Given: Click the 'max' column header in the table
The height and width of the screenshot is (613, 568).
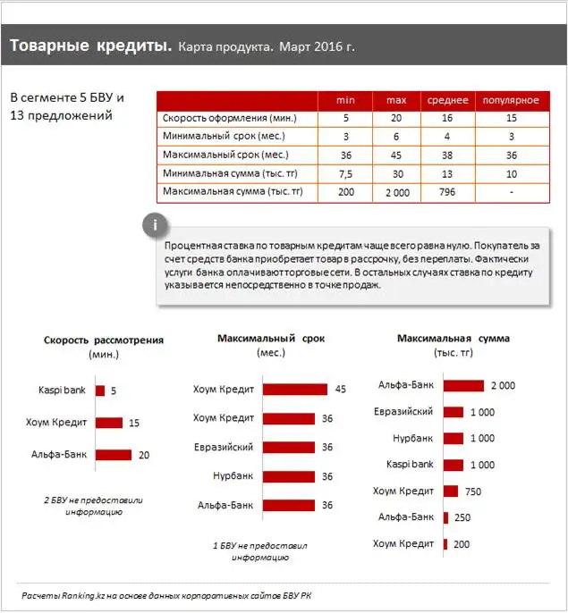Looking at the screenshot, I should (x=395, y=100).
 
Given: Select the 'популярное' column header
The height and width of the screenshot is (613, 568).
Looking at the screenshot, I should (x=511, y=100).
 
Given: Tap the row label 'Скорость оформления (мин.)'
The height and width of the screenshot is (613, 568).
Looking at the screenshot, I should (x=229, y=118).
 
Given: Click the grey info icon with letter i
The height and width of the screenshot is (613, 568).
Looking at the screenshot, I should (x=157, y=223).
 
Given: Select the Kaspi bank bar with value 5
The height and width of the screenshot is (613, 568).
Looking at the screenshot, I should (x=100, y=390).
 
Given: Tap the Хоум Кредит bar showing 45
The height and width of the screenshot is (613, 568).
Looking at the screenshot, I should (x=295, y=390).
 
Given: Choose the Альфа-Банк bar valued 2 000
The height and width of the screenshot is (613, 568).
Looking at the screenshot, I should (x=463, y=385).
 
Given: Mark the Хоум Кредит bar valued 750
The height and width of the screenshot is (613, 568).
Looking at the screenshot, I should (x=451, y=491).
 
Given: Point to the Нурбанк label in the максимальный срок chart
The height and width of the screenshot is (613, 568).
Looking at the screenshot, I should (x=233, y=476).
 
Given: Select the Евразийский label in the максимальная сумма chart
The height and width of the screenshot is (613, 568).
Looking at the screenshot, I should (x=403, y=411).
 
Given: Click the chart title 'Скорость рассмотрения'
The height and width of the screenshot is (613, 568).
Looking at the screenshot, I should (x=104, y=340).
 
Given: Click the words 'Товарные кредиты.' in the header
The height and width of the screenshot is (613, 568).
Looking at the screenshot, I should (x=90, y=45).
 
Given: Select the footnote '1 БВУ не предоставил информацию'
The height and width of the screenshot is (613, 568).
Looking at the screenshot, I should (x=259, y=550).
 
